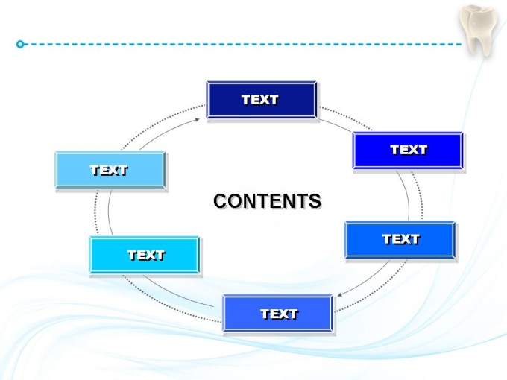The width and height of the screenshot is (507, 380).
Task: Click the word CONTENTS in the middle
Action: click(267, 200)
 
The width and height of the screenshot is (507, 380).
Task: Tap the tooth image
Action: click(479, 31)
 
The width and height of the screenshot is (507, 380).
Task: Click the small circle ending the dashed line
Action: click(20, 44)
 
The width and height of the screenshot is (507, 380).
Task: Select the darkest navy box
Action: click(261, 100)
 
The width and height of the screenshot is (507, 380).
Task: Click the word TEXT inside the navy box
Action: click(259, 100)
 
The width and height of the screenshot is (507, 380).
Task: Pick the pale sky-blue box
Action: click(110, 170)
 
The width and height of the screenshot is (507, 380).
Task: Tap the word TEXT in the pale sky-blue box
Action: click(109, 171)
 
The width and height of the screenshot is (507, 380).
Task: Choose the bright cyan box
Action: click(144, 255)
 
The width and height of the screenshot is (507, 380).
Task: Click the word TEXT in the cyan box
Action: click(146, 256)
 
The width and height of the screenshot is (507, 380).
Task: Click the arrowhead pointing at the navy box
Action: click(198, 120)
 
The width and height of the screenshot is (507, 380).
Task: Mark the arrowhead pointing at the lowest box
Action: click(339, 294)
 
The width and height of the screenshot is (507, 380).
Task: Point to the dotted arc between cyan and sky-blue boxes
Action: click(95, 212)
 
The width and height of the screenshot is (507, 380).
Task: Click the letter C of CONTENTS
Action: click(221, 200)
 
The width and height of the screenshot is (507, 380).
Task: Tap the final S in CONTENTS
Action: click(315, 201)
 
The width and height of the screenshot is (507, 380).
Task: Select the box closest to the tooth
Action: click(407, 151)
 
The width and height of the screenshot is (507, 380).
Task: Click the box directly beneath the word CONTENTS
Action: click(278, 313)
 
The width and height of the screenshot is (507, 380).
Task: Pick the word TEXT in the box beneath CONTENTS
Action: click(279, 314)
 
